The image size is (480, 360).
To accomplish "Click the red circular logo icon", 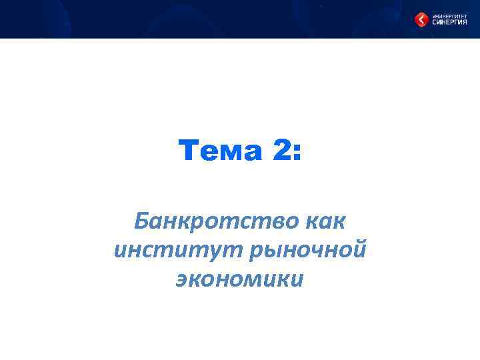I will coord(422,20).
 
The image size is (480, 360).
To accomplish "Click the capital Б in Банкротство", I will coord(141,219).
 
